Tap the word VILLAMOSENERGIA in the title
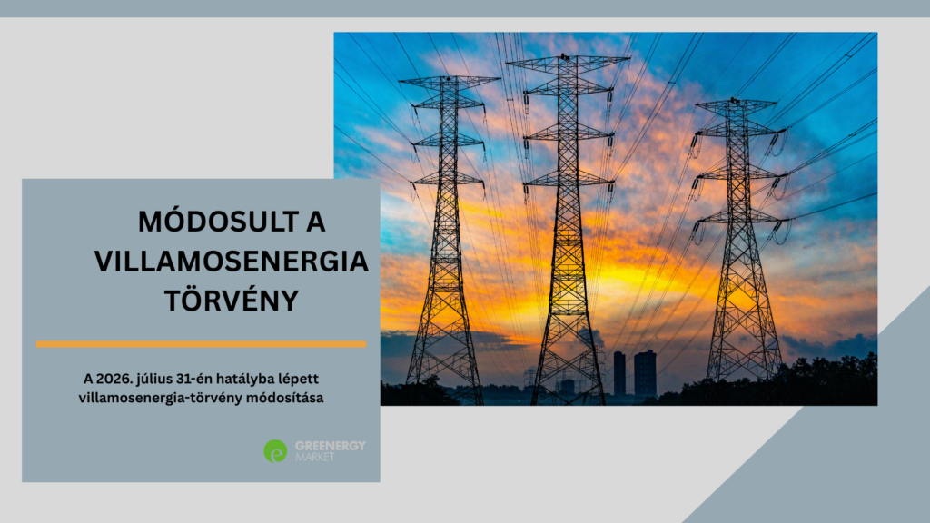pyautogui.click(x=232, y=261)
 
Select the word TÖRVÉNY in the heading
pyautogui.click(x=232, y=301)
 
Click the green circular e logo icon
pyautogui.click(x=275, y=451)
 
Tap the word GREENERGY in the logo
pyautogui.click(x=331, y=445)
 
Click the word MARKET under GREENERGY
pyautogui.click(x=315, y=458)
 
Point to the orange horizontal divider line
pyautogui.click(x=201, y=344)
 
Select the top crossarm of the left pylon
pyautogui.click(x=449, y=81)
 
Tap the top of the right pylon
pyautogui.click(x=736, y=101)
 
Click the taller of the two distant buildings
pyautogui.click(x=646, y=373)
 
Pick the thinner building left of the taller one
pyautogui.click(x=619, y=373)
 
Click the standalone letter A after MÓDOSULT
pyautogui.click(x=315, y=222)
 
